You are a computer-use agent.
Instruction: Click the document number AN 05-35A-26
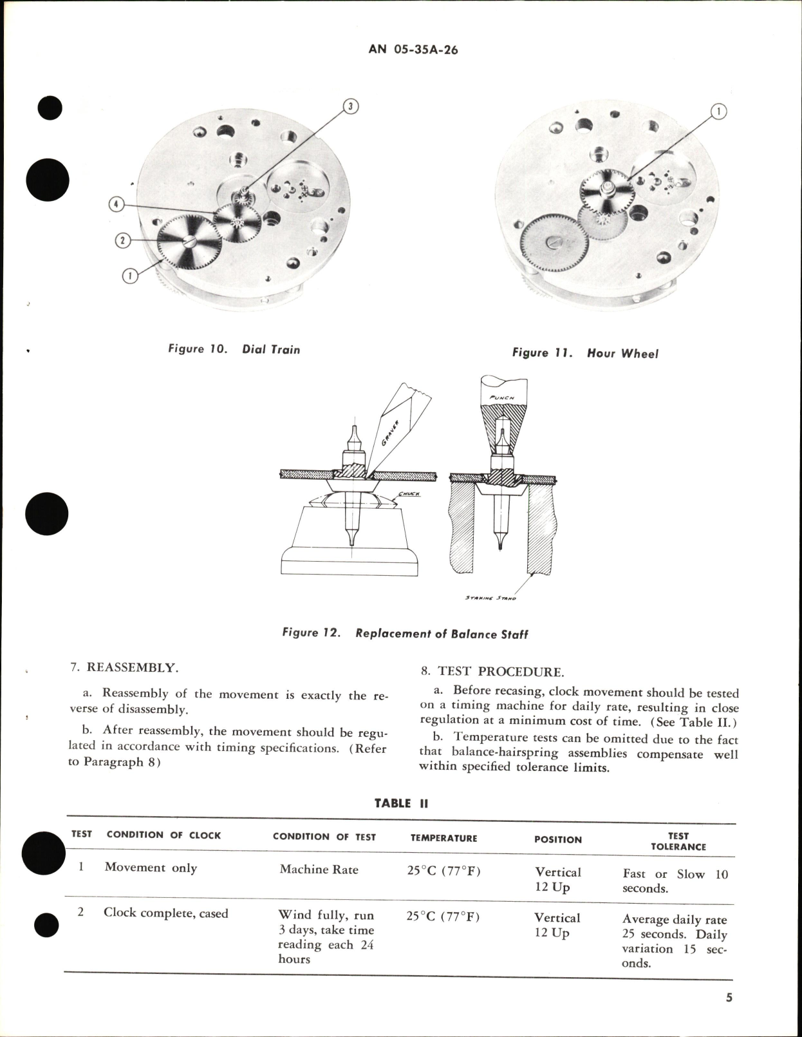point(413,50)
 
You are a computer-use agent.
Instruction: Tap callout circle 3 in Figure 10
point(350,106)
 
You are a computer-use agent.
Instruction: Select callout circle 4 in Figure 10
point(117,204)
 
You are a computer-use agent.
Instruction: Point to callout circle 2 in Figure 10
point(123,241)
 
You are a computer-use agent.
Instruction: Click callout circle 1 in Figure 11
point(718,112)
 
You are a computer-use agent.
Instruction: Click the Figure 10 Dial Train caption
point(234,349)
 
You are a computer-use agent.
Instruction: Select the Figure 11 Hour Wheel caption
point(585,353)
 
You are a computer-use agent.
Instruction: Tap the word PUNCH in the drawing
point(503,397)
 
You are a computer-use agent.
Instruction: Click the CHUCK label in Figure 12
point(409,494)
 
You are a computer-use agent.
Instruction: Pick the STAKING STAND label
point(490,598)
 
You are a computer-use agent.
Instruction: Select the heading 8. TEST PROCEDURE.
point(492,672)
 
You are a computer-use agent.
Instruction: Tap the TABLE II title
point(401,803)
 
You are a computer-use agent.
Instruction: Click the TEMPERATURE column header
point(443,838)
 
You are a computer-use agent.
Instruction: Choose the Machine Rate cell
point(319,869)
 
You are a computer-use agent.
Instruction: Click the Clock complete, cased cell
point(165,913)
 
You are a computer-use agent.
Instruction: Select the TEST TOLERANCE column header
point(678,841)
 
